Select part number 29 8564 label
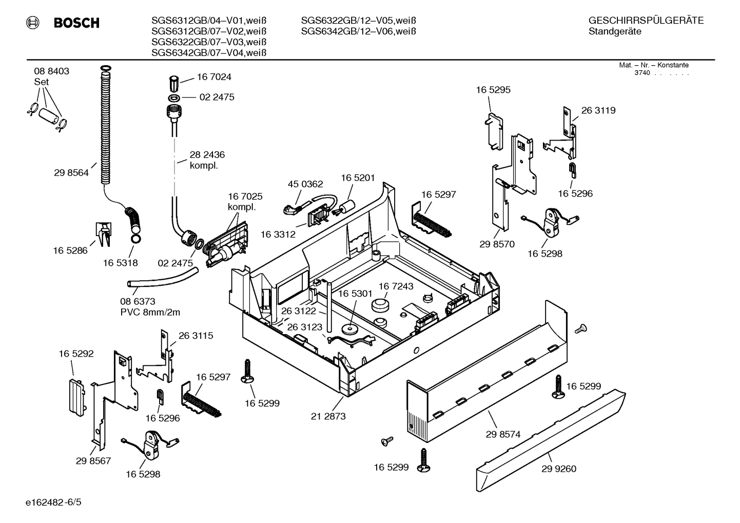71,173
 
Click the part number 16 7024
214,77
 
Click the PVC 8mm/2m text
150,312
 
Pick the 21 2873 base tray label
328,416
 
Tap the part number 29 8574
503,434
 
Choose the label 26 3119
598,110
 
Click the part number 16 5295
493,90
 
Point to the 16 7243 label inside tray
396,286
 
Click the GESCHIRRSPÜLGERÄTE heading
646,21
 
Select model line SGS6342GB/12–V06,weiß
358,31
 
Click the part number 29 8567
93,461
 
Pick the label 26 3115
196,336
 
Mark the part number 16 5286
70,250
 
